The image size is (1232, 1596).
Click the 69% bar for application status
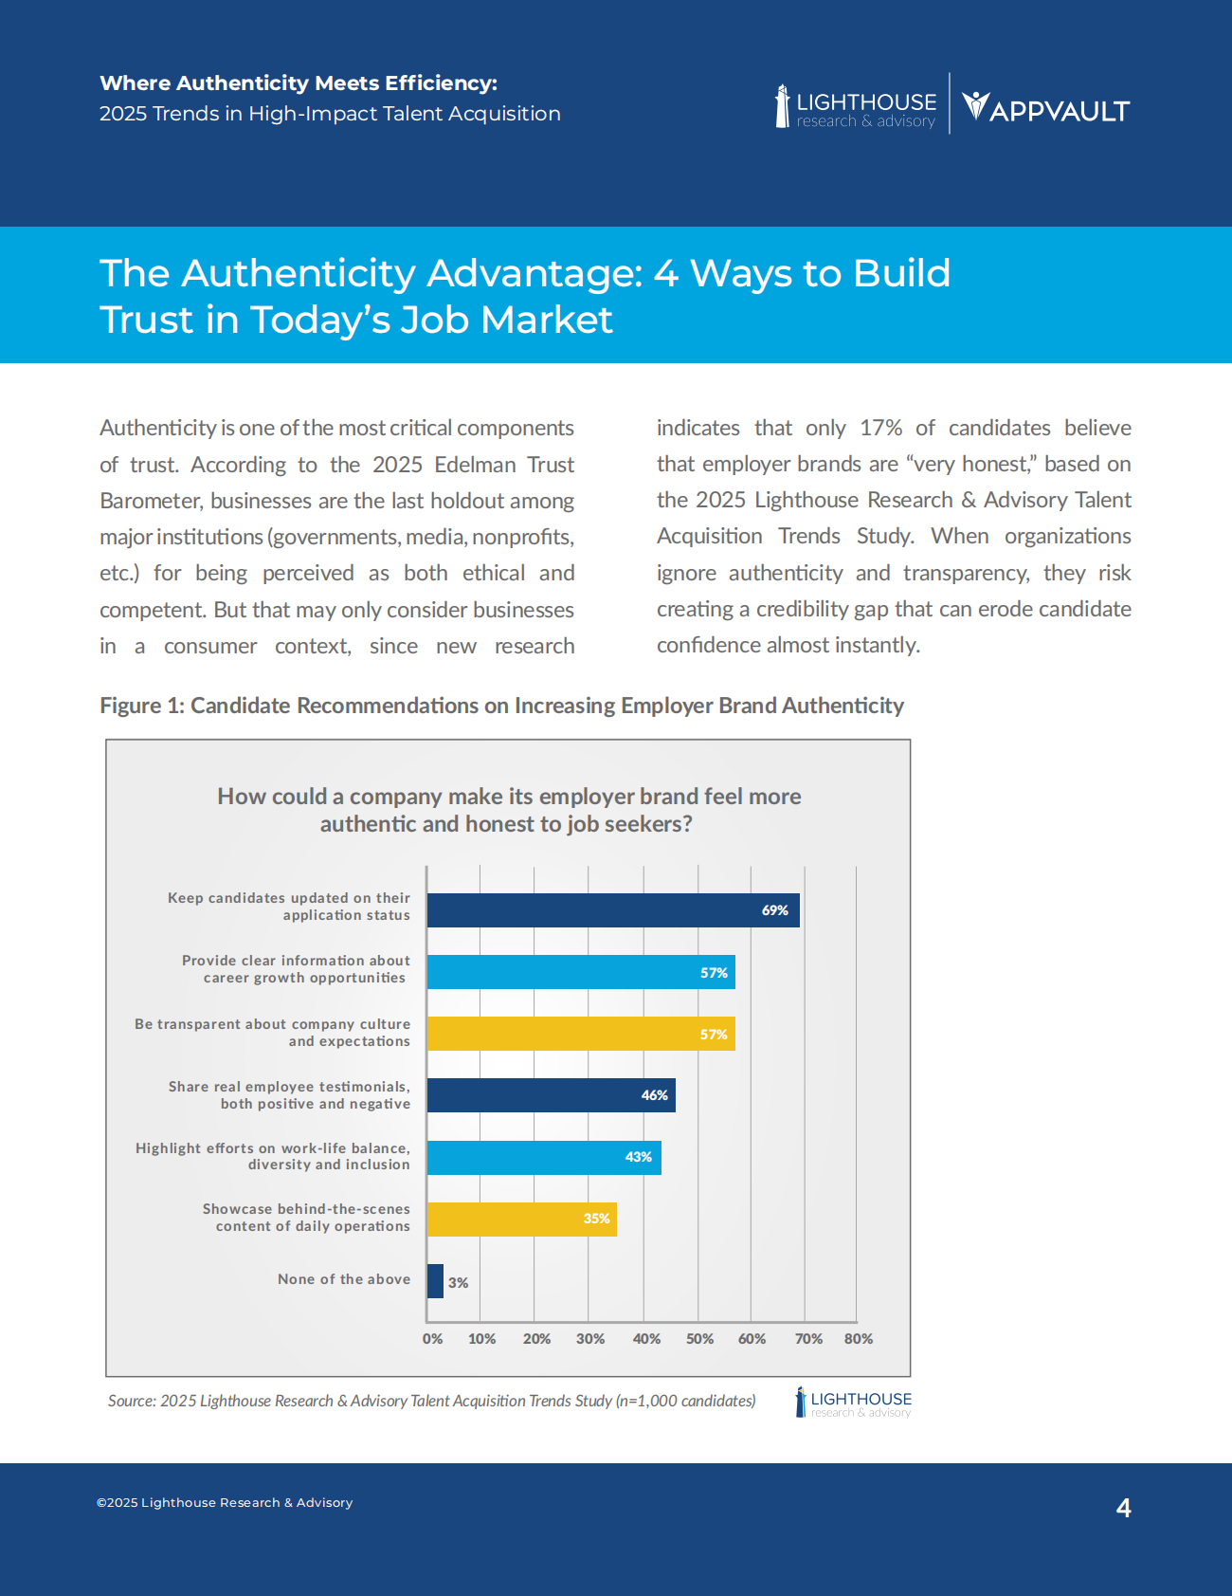click(612, 910)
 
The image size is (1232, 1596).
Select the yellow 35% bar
click(521, 1220)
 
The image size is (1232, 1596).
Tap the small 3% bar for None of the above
click(435, 1281)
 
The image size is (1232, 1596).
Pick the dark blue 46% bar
click(551, 1095)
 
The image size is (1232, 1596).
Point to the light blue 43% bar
click(543, 1158)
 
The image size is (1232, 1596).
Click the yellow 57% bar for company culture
click(580, 1034)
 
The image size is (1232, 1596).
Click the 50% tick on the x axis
click(699, 1339)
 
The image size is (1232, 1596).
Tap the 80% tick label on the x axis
click(859, 1339)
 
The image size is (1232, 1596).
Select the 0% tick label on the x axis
click(432, 1339)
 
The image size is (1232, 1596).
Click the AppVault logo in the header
click(1045, 108)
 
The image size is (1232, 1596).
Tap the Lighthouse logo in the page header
click(856, 108)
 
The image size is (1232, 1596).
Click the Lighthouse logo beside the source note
click(853, 1403)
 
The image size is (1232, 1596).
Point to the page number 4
click(1124, 1508)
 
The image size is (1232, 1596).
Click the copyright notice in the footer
click(225, 1503)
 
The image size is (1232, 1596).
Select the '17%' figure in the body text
click(880, 428)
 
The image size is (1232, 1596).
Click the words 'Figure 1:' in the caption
click(141, 706)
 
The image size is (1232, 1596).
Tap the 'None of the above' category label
click(344, 1279)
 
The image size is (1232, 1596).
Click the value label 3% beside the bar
click(459, 1283)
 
